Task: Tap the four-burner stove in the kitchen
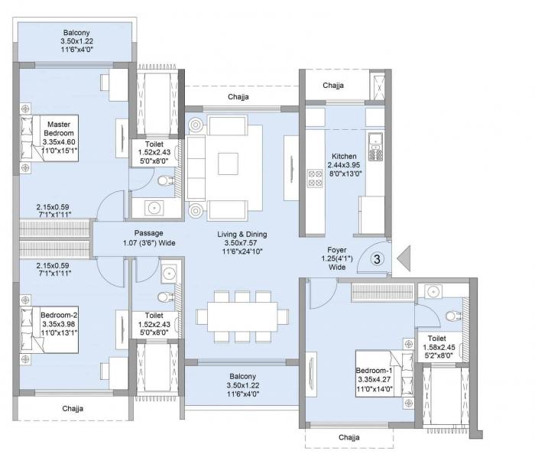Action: pyautogui.click(x=314, y=178)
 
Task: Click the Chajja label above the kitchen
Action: pyautogui.click(x=333, y=86)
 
